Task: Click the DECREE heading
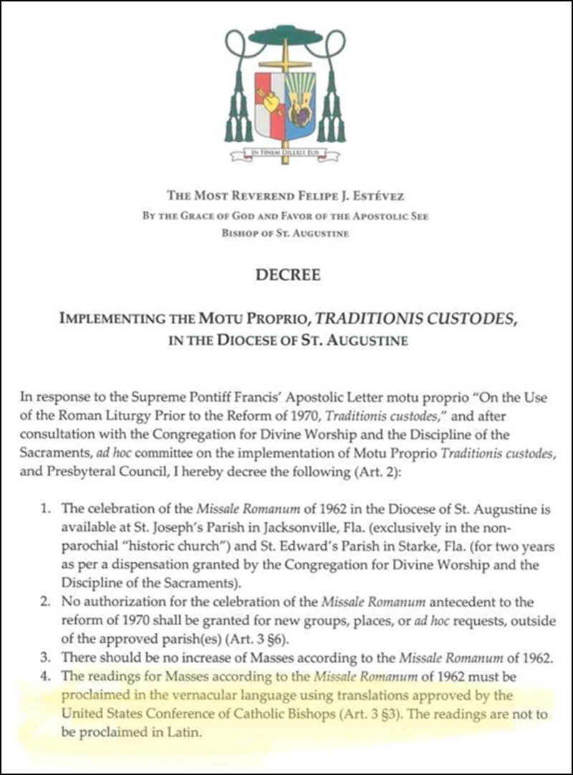point(286,270)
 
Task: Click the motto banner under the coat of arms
point(286,152)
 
